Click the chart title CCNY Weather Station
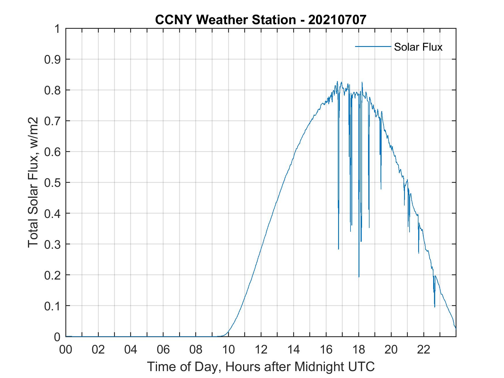(225, 20)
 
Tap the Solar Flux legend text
(418, 47)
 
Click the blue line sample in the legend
(373, 46)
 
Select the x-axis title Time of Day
(261, 366)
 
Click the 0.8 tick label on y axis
(53, 90)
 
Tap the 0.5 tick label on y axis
(53, 183)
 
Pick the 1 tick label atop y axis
(57, 29)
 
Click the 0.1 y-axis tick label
(53, 306)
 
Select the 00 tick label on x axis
(66, 349)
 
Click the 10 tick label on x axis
(228, 349)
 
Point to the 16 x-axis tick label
(326, 349)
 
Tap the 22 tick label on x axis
(424, 349)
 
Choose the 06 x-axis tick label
(163, 349)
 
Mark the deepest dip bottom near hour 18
(359, 277)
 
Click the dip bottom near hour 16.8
(338, 249)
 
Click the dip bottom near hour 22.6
(435, 307)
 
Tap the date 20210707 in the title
(337, 20)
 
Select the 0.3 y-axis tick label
(53, 244)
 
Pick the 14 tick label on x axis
(293, 349)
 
